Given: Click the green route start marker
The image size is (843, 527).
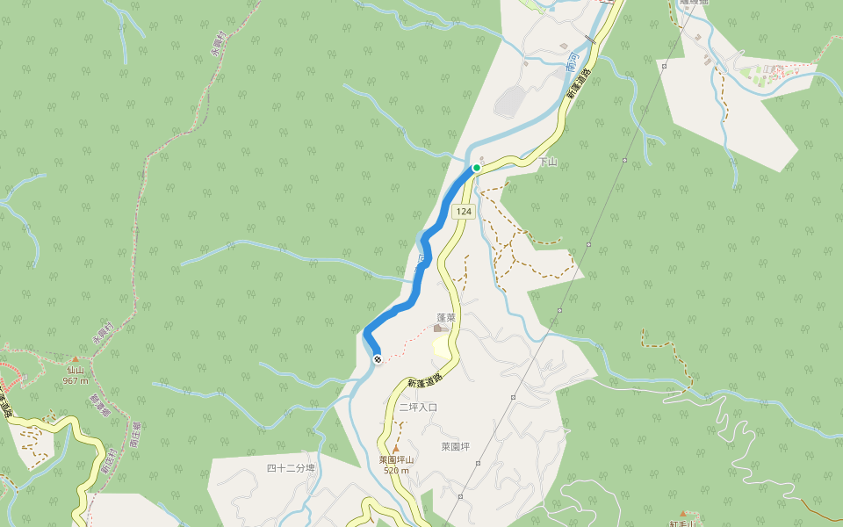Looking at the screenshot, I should tap(477, 167).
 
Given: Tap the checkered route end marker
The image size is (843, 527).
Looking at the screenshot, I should tap(377, 358).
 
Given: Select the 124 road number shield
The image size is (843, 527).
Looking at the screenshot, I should tap(464, 212).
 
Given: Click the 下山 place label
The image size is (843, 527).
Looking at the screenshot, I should tap(548, 162).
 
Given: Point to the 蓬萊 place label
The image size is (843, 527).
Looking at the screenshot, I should tap(446, 317).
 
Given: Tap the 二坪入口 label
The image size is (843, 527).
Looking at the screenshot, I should tap(418, 408).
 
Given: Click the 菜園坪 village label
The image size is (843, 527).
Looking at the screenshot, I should tap(455, 446).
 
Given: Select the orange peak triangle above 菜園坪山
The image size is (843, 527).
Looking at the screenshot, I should tap(395, 449).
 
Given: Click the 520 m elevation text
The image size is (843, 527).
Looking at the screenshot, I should tap(397, 471).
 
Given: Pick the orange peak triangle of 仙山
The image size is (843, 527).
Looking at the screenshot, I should tap(76, 359).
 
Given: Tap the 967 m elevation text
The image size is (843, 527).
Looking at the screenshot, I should tap(76, 380).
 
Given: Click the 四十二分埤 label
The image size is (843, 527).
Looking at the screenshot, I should tap(291, 468).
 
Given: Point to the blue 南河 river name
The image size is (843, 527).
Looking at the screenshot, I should tap(572, 61).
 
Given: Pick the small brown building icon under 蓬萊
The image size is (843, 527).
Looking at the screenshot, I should tap(438, 328).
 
